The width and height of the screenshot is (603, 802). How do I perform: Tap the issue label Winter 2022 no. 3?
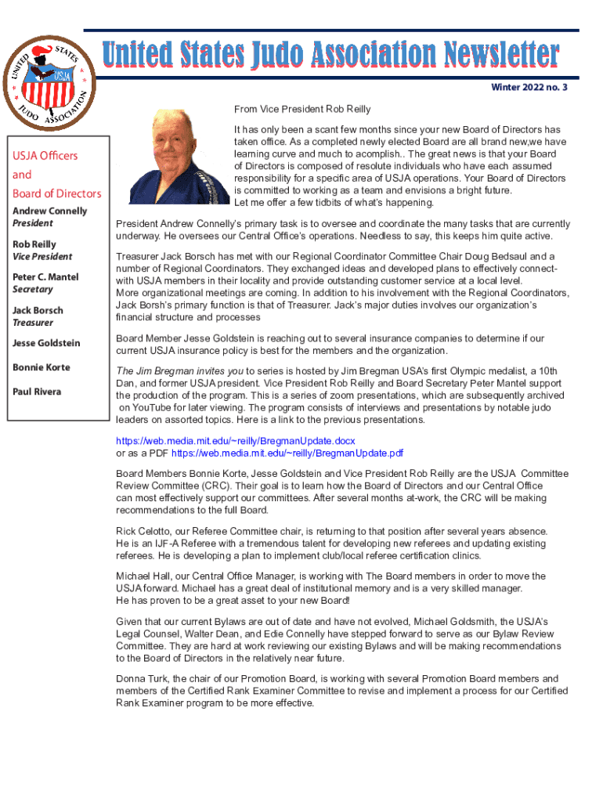pos(529,87)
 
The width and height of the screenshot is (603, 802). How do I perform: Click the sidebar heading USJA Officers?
pos(45,156)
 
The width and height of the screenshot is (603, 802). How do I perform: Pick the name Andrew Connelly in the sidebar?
pos(49,211)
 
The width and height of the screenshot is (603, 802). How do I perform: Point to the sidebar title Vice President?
pos(42,256)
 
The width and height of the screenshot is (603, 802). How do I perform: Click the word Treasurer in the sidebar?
pos(32,323)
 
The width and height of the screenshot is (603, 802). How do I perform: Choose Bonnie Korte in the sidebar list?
pos(41,367)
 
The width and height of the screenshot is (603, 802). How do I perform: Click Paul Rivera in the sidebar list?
pos(38,392)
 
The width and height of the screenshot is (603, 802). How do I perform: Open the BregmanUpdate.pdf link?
pos(287,453)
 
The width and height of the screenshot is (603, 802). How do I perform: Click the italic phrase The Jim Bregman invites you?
pos(179,371)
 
